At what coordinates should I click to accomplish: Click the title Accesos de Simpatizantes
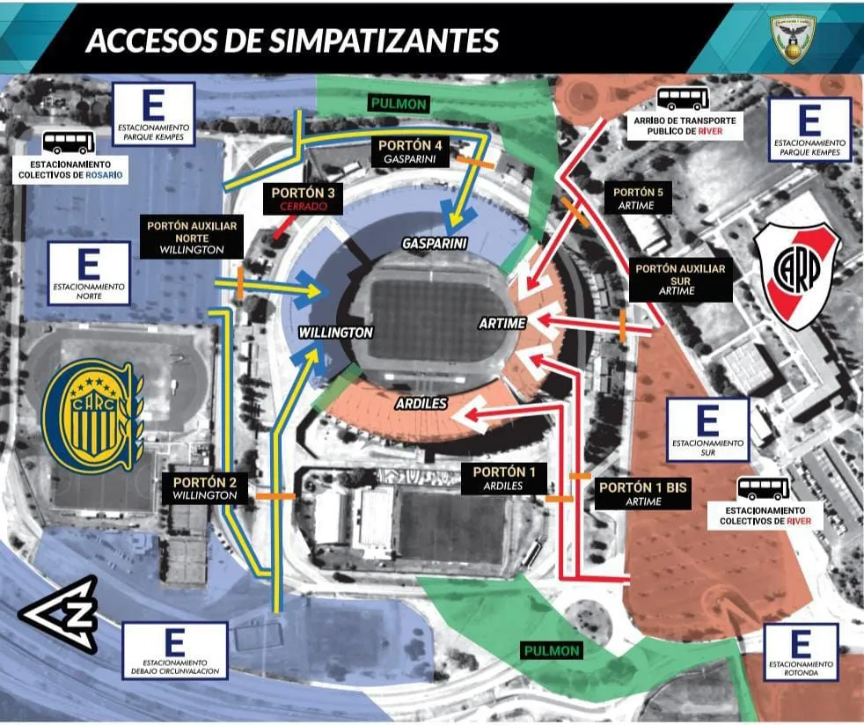(292, 40)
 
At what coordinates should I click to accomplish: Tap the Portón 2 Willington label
(205, 488)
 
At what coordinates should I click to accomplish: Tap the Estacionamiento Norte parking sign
(90, 274)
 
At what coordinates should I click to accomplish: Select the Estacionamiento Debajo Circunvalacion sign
(174, 651)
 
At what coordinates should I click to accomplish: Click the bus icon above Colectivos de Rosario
(68, 142)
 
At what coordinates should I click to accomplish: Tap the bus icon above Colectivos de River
(763, 488)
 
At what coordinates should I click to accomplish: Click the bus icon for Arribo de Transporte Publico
(683, 99)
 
